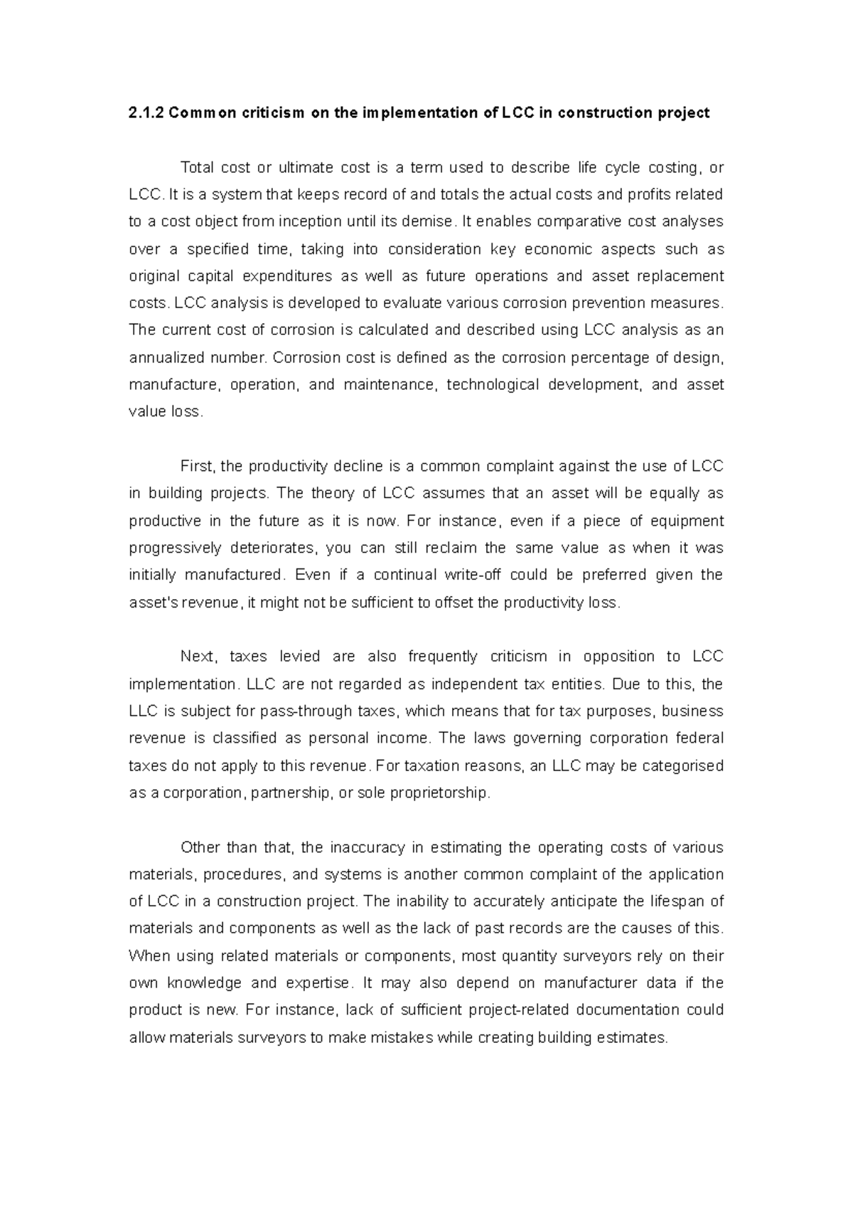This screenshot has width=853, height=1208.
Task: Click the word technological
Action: [x=492, y=385]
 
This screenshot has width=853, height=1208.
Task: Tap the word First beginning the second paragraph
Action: [x=197, y=467]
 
